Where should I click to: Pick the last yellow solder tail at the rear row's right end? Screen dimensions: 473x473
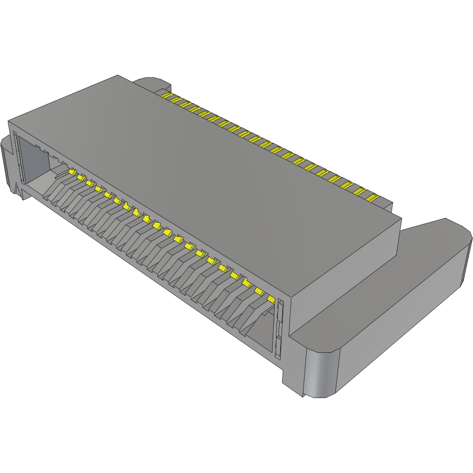[371, 197]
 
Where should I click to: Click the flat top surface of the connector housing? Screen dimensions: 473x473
[213, 159]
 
